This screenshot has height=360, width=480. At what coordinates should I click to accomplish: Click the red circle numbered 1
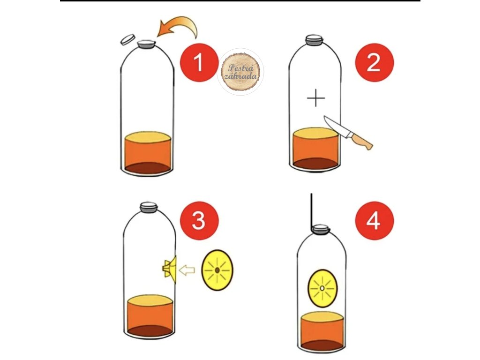coord(199,63)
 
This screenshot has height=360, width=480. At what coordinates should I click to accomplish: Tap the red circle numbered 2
coord(374,63)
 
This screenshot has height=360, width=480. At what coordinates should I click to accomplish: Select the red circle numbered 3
coord(199,220)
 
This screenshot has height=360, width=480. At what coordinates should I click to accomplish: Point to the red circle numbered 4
coord(374,220)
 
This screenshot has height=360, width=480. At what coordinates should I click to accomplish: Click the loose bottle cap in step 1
coord(127,39)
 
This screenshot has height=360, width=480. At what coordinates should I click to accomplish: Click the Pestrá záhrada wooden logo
coord(240,72)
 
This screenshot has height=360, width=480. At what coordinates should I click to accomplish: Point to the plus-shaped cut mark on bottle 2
coord(316,98)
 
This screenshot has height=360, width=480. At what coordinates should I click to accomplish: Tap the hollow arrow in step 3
coord(187,270)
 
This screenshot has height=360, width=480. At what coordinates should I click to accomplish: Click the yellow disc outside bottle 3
coord(217,270)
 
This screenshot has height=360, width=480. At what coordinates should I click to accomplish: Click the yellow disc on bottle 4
coord(322,288)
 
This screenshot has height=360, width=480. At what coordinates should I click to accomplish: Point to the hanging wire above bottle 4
coord(312,212)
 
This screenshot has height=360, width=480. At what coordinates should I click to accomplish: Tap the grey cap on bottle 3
coord(149,208)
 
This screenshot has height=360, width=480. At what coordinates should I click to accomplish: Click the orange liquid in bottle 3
coord(150,316)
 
